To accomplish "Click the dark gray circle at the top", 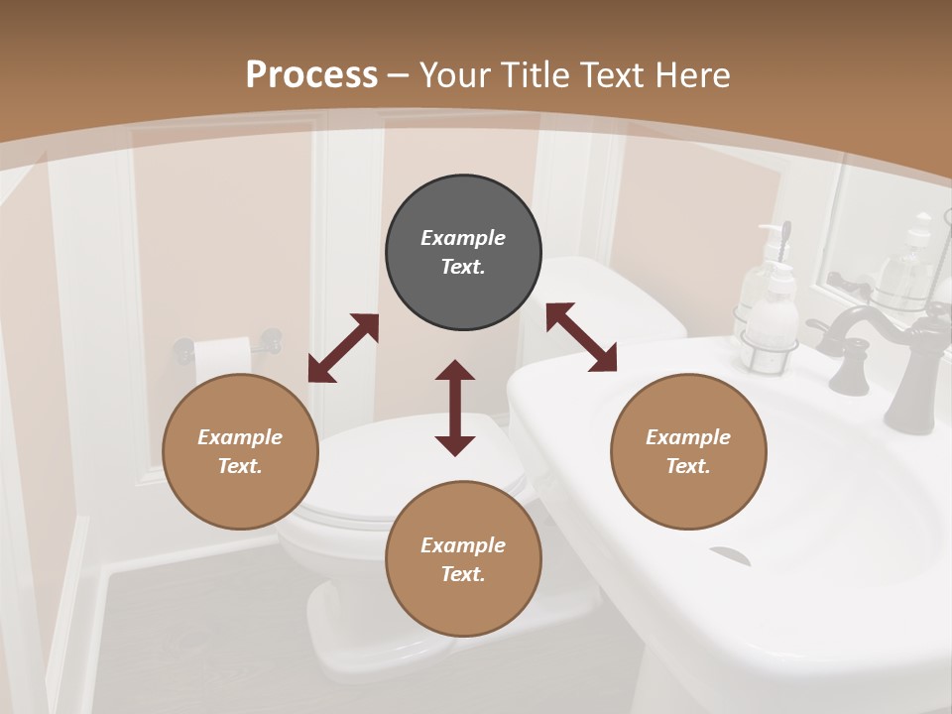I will pos(463,253).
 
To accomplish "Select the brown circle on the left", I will pos(240,451).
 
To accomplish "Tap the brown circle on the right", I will pos(688,451).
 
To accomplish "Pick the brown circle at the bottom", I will pos(463,559).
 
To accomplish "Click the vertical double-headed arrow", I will pos(455,408).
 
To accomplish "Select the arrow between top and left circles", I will pos(343,348).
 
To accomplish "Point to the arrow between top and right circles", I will pos(581,337).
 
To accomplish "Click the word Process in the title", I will pos(311,74).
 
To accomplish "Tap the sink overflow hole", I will pos(729,555).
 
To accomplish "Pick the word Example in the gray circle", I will pos(463,238).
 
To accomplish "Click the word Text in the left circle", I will pos(240,466).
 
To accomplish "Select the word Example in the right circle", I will pos(688,437).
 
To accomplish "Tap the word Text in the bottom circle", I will pos(463,574).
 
